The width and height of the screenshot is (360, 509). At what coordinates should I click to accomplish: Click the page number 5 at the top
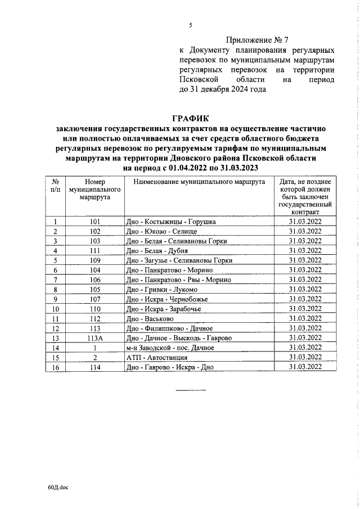point(191,25)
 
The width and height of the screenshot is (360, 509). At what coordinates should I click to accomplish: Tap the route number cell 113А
point(95,337)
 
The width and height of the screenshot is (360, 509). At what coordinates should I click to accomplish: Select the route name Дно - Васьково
point(149,318)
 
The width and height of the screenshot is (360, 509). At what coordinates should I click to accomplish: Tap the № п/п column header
point(56,186)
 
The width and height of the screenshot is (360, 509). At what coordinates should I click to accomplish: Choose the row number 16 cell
point(56,367)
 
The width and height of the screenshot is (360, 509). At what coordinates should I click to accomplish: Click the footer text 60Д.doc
point(58,489)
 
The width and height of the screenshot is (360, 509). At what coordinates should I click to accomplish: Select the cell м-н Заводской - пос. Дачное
point(170,348)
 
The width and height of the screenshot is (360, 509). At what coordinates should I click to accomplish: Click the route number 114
point(95,367)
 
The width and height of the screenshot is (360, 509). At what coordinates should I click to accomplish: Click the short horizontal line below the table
point(191,390)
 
